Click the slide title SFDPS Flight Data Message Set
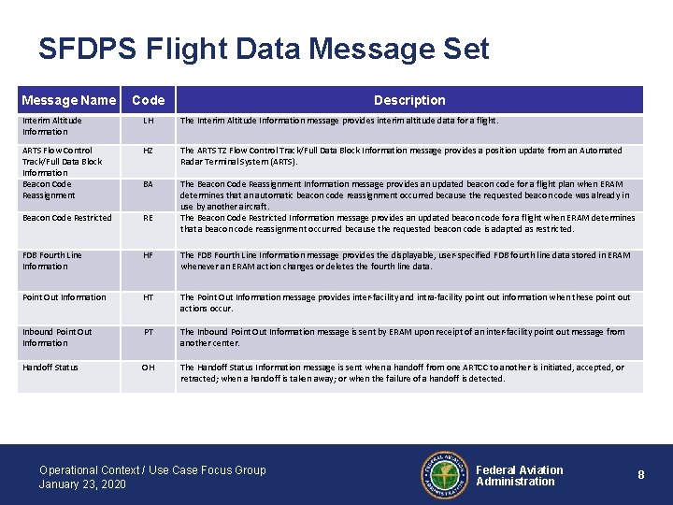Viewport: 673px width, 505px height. (x=264, y=49)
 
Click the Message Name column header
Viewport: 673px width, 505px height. (x=68, y=100)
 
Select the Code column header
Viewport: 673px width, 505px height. (x=149, y=100)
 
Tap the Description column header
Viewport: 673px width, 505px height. (x=409, y=100)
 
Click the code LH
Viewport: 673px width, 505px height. (x=149, y=121)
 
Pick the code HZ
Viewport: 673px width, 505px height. (x=149, y=151)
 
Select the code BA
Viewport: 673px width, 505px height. (x=149, y=184)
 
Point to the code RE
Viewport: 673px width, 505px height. (x=149, y=218)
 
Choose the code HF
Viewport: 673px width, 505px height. (x=149, y=255)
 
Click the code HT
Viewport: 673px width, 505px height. (x=149, y=297)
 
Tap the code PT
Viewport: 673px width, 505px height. (x=149, y=332)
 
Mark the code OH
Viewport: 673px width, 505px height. (x=149, y=368)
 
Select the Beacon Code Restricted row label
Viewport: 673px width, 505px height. (x=66, y=218)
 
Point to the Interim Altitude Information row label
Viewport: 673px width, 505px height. (x=51, y=126)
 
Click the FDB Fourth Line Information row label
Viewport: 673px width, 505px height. (x=51, y=261)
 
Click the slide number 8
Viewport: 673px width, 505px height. (x=641, y=475)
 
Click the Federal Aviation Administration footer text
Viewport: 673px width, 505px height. (x=519, y=476)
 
